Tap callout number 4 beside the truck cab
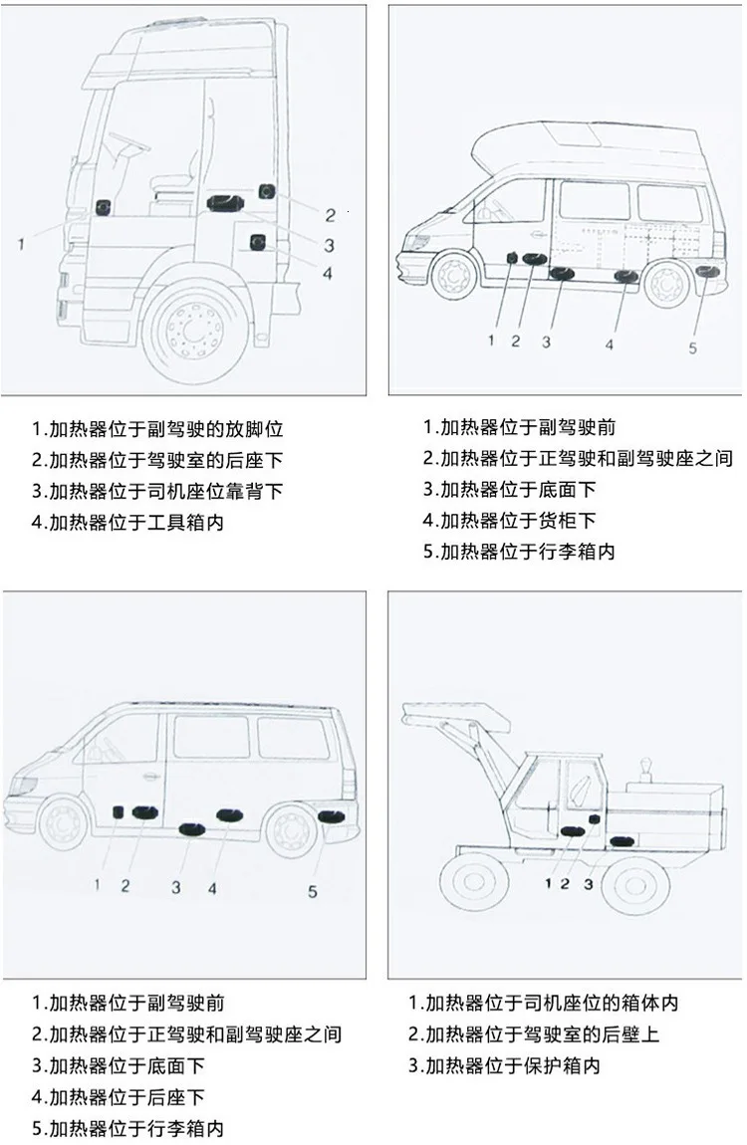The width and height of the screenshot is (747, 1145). point(327,273)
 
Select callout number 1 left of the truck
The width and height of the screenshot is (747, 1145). point(21,242)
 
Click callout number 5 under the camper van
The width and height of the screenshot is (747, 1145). point(693,347)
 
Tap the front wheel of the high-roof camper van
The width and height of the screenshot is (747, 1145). point(453,277)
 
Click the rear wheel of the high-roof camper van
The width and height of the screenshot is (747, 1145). point(665,283)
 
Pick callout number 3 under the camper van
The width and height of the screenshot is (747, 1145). point(546,342)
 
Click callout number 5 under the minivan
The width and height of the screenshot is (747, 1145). point(312,891)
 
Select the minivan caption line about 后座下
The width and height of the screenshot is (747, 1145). point(119,1097)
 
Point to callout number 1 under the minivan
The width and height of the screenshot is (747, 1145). point(98,883)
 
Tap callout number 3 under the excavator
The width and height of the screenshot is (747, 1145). point(589,883)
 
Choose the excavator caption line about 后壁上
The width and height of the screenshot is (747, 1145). point(534,1034)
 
